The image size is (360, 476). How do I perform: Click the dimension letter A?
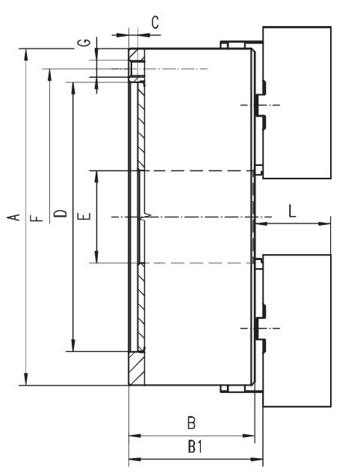(13, 217)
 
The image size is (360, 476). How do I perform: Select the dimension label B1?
(195, 447)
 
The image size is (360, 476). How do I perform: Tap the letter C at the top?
(155, 22)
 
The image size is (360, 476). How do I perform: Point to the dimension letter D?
(60, 213)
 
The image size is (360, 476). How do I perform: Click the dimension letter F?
(37, 218)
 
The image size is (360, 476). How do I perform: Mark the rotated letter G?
(84, 42)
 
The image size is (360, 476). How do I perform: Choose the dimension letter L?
(292, 211)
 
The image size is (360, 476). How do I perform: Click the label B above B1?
(191, 423)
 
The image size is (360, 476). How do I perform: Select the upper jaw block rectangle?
(297, 102)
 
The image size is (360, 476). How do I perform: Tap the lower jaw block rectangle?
(297, 330)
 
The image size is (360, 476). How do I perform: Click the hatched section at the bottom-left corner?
(137, 368)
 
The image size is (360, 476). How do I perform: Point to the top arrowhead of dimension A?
(26, 54)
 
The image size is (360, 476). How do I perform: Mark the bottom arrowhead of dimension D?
(73, 346)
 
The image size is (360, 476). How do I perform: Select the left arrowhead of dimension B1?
(135, 459)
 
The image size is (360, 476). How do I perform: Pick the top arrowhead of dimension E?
(97, 176)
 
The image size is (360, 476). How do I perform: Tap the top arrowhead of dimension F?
(50, 75)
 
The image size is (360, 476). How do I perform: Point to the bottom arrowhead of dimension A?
(26, 380)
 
